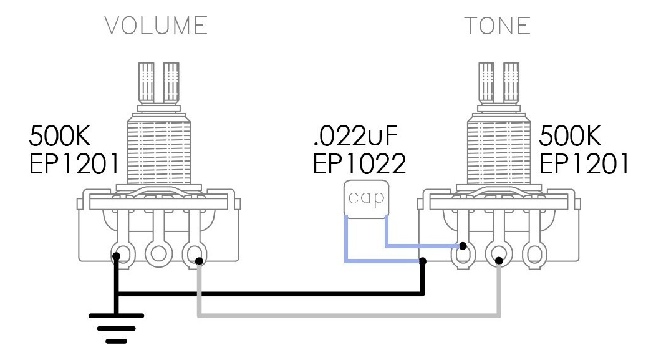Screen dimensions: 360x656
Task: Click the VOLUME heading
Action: pos(156,26)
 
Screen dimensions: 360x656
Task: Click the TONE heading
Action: pos(497,26)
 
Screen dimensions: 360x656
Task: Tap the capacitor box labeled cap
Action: pos(366,197)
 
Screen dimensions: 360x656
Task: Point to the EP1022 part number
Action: pos(360,163)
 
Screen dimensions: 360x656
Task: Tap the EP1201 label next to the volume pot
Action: pos(74,163)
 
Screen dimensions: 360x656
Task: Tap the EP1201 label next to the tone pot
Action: pos(584,163)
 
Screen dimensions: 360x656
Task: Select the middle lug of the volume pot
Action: pos(157,253)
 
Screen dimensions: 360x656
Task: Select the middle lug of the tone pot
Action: pos(498,253)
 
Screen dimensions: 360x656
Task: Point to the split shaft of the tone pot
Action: pos(498,81)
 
